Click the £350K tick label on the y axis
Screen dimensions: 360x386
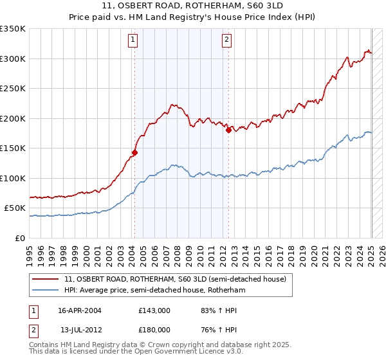(13, 29)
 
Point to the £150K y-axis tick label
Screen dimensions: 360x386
(13, 148)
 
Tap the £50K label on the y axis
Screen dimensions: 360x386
(15, 208)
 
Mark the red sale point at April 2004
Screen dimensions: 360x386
(135, 152)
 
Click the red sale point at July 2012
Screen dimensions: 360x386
(228, 130)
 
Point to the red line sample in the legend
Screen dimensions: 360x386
(46, 279)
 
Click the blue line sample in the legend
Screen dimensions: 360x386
(46, 290)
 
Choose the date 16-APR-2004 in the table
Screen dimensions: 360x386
(81, 310)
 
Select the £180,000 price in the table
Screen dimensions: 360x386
(154, 329)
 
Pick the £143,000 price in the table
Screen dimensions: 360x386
(154, 310)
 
